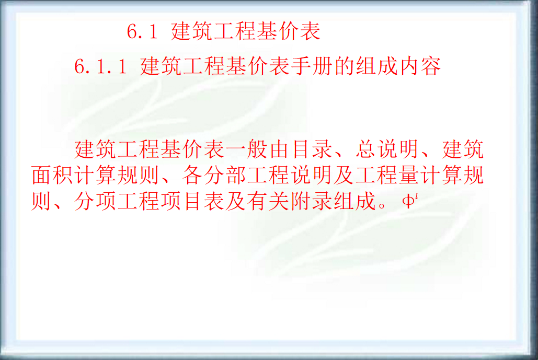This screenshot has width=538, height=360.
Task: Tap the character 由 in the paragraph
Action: (280, 150)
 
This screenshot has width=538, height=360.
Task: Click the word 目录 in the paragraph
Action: (312, 150)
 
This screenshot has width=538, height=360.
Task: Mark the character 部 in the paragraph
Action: (236, 177)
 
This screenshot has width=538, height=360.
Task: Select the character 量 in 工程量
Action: (408, 177)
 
